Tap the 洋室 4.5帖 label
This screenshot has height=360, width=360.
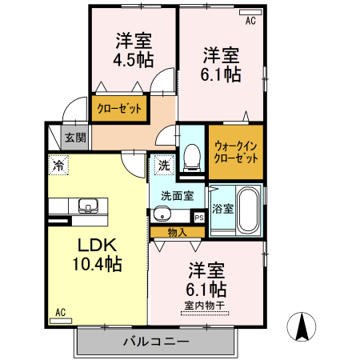[134, 50]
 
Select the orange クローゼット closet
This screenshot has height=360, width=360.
[120, 109]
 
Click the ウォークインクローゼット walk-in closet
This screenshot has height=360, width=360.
[236, 151]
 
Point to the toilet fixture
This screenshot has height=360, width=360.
[191, 155]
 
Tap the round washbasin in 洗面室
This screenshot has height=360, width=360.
[162, 214]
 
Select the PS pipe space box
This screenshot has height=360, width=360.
[198, 216]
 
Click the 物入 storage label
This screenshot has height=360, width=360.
[178, 232]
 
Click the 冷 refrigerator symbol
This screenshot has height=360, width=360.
[58, 166]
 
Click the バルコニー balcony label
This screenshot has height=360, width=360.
[156, 342]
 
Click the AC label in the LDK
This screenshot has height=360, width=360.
[60, 312]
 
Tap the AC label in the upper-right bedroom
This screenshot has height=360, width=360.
[250, 21]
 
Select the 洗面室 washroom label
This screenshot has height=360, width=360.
[177, 195]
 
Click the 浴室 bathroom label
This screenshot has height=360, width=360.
[222, 209]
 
